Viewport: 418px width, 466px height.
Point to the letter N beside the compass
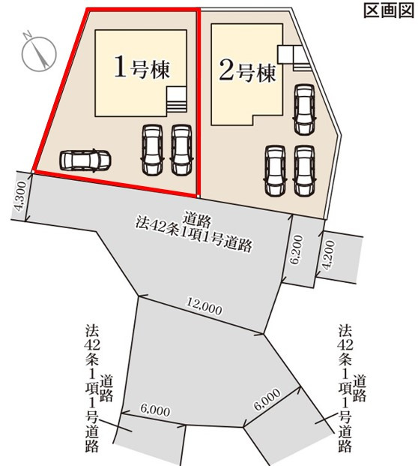point(25,35)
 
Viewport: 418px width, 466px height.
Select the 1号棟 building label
point(142,68)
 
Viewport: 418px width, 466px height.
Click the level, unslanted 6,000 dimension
point(155,411)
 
